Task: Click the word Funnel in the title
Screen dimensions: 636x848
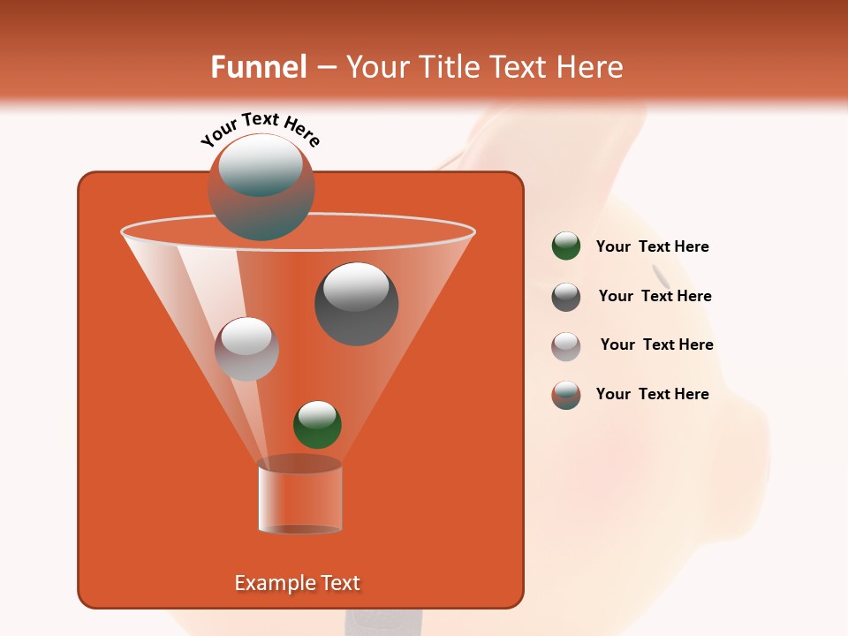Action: [258, 67]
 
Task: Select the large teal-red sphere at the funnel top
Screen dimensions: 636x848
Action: [261, 186]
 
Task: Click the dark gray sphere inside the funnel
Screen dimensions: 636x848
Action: [357, 303]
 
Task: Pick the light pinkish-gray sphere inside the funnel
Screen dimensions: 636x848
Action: [246, 349]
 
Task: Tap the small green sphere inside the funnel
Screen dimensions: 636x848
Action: [317, 424]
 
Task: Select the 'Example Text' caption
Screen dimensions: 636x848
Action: [298, 583]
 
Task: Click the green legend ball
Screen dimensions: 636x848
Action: [566, 246]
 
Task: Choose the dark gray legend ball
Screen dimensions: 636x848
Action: [566, 297]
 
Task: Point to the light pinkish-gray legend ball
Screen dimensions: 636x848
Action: [566, 346]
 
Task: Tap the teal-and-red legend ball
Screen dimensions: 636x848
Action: [566, 395]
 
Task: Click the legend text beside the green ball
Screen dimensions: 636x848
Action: [652, 246]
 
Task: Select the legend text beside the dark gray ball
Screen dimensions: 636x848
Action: [655, 296]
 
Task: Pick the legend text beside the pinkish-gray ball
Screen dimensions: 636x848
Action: [656, 344]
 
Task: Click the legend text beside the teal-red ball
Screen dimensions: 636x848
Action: [652, 394]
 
